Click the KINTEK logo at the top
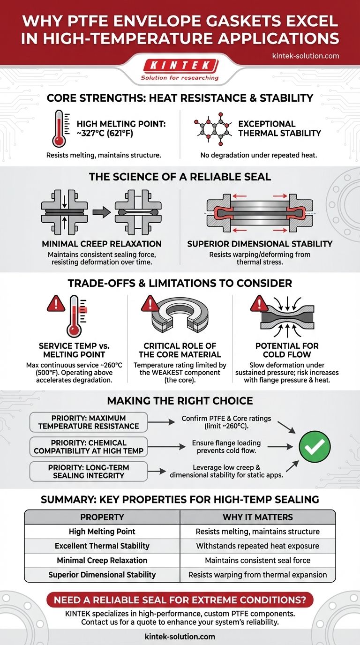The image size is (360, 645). [x=180, y=65]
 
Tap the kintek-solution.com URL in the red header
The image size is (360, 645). [x=305, y=56]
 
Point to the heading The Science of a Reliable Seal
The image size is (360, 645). [x=180, y=176]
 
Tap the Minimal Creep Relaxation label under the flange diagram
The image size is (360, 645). [x=102, y=244]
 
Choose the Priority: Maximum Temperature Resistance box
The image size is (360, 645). [x=89, y=422]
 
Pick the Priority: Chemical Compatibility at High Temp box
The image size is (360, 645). [x=89, y=446]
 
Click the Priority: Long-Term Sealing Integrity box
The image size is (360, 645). [x=89, y=471]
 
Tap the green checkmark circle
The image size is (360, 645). [x=315, y=447]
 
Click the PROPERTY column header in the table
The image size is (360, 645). [x=102, y=517]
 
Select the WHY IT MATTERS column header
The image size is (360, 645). [x=258, y=517]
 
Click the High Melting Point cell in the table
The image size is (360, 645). [x=102, y=532]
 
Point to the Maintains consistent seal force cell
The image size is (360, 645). [x=258, y=560]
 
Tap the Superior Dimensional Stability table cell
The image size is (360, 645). [x=102, y=575]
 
